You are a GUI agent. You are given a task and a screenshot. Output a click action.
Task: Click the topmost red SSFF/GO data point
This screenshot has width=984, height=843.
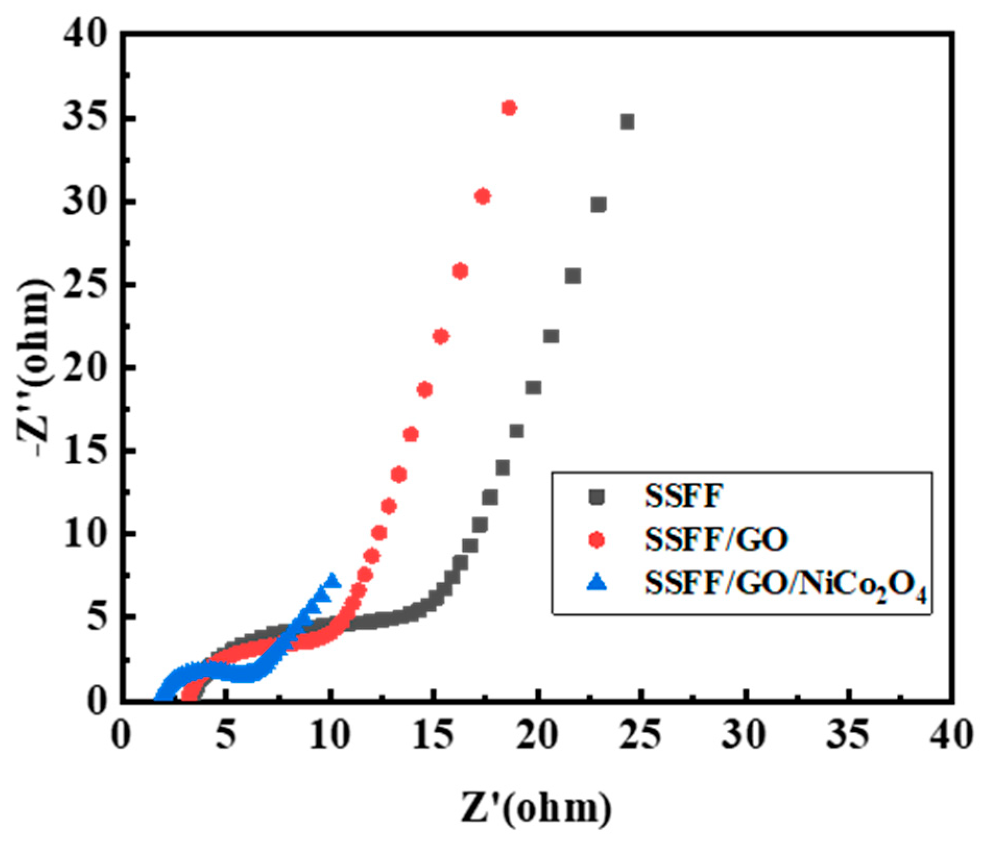(x=509, y=108)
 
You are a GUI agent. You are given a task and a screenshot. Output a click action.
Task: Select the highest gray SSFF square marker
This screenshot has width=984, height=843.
(x=627, y=122)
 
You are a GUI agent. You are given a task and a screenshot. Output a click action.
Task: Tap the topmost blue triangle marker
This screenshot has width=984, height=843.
(x=332, y=580)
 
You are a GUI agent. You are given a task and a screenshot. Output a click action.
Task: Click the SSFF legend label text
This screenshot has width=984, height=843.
(x=684, y=497)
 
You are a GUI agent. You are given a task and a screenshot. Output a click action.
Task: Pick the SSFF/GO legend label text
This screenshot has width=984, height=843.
(x=716, y=540)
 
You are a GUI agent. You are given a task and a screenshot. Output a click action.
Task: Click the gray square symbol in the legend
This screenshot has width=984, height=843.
(x=597, y=497)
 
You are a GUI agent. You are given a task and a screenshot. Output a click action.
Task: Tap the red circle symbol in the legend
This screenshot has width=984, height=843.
(x=597, y=540)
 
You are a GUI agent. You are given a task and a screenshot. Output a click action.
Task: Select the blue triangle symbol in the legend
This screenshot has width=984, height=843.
(x=597, y=583)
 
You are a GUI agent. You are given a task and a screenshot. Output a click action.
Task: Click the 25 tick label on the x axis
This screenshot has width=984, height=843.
(x=641, y=736)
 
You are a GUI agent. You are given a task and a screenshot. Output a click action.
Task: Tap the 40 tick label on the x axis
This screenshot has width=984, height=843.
(x=952, y=736)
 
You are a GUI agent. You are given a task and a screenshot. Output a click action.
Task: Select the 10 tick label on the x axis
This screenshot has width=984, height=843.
(x=330, y=736)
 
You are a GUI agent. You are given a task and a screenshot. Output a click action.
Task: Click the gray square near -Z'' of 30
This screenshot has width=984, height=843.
(x=599, y=205)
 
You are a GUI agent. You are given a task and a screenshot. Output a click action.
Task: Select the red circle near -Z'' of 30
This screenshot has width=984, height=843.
(x=482, y=196)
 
